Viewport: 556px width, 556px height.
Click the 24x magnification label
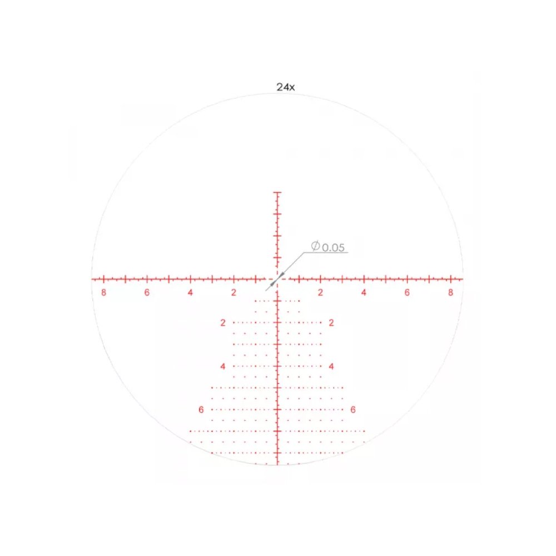coord(285,87)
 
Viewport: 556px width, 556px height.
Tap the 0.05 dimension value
coord(333,247)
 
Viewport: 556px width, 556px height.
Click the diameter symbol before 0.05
coord(316,246)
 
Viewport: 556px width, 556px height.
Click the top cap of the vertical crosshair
coord(277,192)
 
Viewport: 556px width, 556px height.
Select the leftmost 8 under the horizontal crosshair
coord(103,292)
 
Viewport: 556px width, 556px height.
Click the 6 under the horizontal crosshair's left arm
coord(147,292)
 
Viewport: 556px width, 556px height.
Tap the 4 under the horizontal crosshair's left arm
coord(190,292)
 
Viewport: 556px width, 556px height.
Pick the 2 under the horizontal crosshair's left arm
coord(234,292)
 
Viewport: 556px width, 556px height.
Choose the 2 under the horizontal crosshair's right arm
coord(321,292)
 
